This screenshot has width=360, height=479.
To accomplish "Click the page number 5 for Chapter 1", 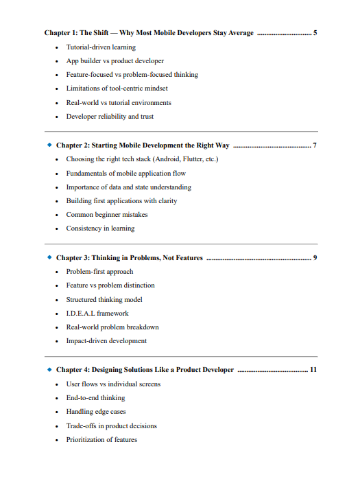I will tap(315, 32).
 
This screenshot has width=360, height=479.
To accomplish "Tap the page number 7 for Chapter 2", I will tap(314, 145).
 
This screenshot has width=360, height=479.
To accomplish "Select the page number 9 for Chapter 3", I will tap(314, 257).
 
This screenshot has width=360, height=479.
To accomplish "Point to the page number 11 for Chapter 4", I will tap(313, 370).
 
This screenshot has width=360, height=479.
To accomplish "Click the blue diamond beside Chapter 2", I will tap(49, 145).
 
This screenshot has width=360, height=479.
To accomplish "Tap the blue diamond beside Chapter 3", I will tap(49, 257).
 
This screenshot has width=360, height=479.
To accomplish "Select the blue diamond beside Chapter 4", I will tap(49, 370).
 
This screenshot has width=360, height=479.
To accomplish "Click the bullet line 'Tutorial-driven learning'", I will tap(100, 47).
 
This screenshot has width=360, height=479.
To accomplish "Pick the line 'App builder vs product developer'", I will tap(115, 61).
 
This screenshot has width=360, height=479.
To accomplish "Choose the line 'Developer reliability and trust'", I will tap(110, 117).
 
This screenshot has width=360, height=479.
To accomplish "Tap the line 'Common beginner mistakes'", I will tap(102, 215).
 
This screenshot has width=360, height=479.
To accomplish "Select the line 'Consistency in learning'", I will tap(100, 229).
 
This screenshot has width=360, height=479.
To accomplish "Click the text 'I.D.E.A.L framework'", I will tap(97, 313).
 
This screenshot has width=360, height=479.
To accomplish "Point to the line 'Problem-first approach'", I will tap(99, 271).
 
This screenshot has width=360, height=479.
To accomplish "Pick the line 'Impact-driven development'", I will tap(106, 341).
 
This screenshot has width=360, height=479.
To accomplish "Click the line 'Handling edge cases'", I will tap(95, 412).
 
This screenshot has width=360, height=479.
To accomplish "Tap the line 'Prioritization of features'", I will tap(101, 440).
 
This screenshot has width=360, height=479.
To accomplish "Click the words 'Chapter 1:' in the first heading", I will tap(60, 32).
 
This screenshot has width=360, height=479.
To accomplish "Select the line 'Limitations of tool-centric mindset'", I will tap(117, 89).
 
